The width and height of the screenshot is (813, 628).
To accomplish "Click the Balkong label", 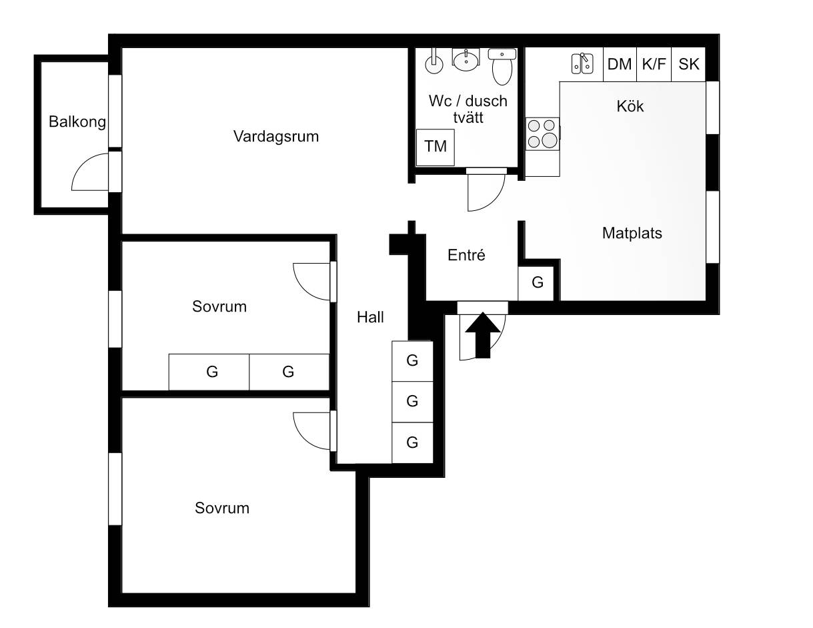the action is (x=77, y=122).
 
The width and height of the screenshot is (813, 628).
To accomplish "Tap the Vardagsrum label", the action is (x=276, y=136).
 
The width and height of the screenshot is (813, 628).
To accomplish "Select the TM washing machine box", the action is (x=435, y=147).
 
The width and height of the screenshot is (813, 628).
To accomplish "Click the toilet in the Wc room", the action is (x=502, y=67).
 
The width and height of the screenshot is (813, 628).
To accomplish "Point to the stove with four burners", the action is (x=542, y=134).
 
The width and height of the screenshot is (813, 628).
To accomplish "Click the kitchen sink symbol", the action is (x=582, y=63).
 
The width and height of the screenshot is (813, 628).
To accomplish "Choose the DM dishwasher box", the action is (x=620, y=64).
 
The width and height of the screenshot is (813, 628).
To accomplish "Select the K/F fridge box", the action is (x=654, y=64).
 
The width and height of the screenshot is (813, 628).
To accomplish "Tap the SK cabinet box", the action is (x=688, y=64).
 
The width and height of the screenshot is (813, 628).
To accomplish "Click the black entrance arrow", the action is (x=483, y=335).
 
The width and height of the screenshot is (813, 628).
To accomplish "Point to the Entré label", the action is (x=466, y=255).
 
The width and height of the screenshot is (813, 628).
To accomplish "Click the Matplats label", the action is (x=632, y=233).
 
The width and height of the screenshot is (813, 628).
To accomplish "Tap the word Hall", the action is (x=370, y=318).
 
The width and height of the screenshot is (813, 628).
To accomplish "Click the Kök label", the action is (x=630, y=106).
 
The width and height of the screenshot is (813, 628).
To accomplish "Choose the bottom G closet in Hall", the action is (x=412, y=443).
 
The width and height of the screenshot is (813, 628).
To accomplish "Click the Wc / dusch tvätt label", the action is (x=468, y=109).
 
